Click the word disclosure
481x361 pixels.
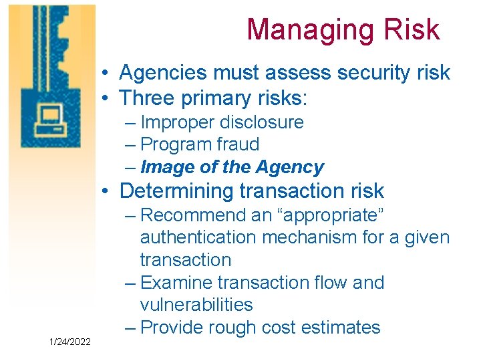263,122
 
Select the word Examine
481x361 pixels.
178,283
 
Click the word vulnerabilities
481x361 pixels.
196,305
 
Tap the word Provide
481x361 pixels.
174,328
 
